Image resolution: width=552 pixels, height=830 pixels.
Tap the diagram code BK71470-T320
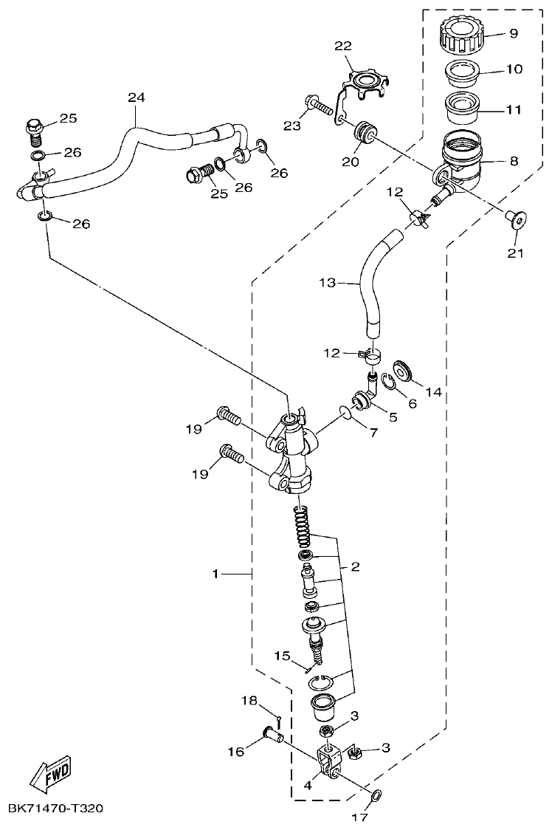(55, 809)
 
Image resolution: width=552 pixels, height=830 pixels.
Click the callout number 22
(343, 47)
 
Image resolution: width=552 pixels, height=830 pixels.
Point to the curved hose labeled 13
(369, 281)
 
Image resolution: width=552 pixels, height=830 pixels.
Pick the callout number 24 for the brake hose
(136, 97)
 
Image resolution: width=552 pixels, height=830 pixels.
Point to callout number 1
(216, 573)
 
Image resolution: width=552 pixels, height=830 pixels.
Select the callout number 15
(283, 656)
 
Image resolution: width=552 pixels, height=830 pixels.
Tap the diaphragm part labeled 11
(463, 107)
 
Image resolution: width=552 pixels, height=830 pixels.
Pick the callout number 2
(355, 566)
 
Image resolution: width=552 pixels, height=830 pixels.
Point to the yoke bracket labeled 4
(327, 758)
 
